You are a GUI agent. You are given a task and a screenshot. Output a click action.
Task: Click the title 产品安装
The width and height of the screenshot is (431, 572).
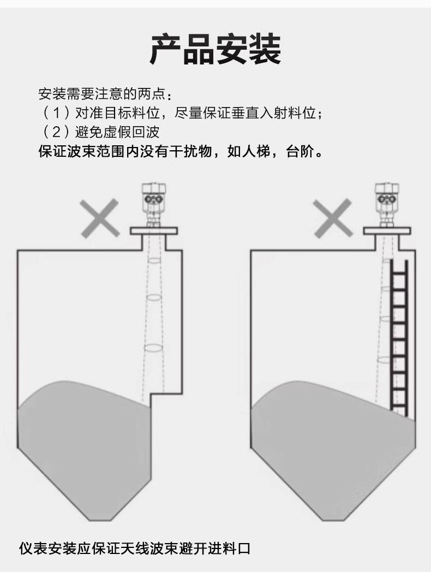tap(215, 49)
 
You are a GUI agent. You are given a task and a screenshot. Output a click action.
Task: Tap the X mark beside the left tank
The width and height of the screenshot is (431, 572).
tap(100, 218)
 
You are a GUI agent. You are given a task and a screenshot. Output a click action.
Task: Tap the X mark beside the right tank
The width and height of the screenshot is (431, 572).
tap(332, 218)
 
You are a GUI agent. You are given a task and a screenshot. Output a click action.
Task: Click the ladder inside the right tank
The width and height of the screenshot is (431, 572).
tap(399, 336)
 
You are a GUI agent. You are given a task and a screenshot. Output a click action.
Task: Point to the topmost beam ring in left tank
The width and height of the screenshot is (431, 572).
tap(154, 261)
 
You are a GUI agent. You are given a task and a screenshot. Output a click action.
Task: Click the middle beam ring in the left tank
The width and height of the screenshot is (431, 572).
tap(154, 298)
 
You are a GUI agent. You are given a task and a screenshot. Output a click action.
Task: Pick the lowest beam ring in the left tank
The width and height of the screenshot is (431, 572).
tap(153, 347)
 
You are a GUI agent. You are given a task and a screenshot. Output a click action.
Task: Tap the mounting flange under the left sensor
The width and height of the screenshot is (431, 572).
tap(154, 231)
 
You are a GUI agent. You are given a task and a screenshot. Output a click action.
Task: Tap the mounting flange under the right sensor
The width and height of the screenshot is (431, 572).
tap(386, 231)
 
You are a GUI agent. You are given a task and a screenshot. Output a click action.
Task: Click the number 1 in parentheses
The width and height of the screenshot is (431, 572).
tap(55, 114)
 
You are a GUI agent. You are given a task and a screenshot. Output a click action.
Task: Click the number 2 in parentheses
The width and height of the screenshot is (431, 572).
tap(55, 132)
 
